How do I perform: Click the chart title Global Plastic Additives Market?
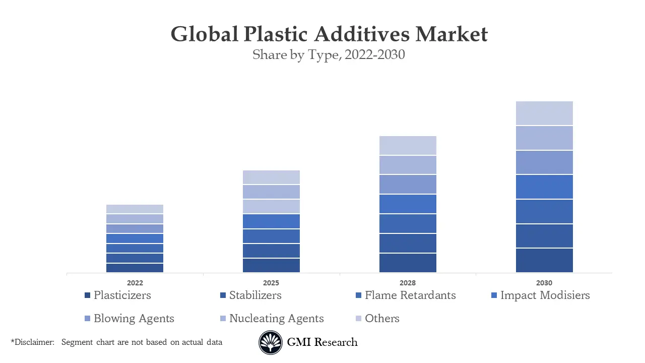(x=329, y=34)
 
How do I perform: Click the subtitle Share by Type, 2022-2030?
(x=329, y=54)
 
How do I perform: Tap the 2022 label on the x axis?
(x=135, y=283)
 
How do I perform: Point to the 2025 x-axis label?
(x=271, y=283)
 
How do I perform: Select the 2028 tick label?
(x=408, y=283)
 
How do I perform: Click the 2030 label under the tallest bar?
(x=544, y=283)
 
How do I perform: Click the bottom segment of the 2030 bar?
(x=544, y=260)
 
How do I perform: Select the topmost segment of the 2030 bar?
(x=544, y=113)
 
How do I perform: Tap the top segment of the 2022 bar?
(x=135, y=209)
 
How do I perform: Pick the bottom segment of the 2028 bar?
(x=408, y=263)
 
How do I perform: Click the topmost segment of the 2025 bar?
(x=271, y=177)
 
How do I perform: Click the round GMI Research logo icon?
(x=271, y=342)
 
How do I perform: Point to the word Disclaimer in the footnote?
(x=34, y=342)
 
